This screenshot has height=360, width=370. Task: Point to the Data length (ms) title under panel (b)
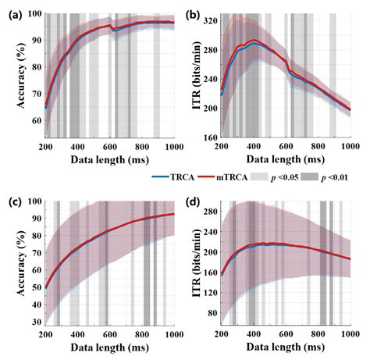pyautogui.click(x=286, y=161)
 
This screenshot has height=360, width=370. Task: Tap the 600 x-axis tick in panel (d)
pyautogui.click(x=286, y=337)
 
